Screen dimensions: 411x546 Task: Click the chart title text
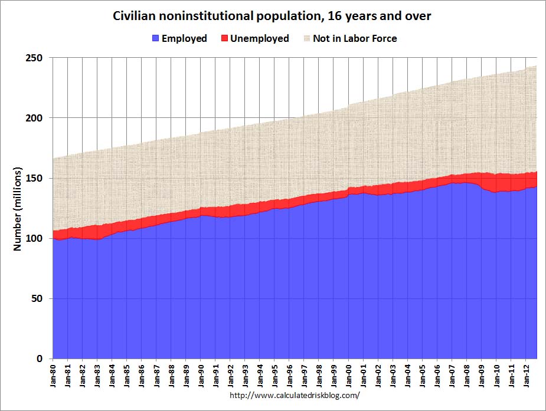pyautogui.click(x=272, y=17)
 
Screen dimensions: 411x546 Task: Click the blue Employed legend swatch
pyautogui.click(x=155, y=38)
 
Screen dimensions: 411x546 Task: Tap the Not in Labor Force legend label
pyautogui.click(x=354, y=38)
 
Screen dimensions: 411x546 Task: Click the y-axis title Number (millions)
pyautogui.click(x=17, y=209)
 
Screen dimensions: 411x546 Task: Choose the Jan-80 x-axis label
pyautogui.click(x=53, y=376)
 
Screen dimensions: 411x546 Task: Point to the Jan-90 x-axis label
pyautogui.click(x=201, y=376)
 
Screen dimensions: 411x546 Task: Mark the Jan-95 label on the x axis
pyautogui.click(x=274, y=376)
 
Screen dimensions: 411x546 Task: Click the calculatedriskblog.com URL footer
pyautogui.click(x=294, y=396)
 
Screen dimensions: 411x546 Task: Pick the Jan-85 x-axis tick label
pyautogui.click(x=127, y=376)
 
